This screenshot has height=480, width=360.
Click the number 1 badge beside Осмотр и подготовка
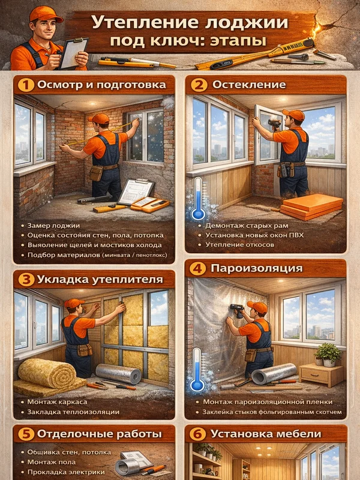tap(26, 85)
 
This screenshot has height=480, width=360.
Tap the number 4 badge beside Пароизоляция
tap(197, 269)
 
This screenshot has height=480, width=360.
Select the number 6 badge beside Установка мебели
tap(197, 434)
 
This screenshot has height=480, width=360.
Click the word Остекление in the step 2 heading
tap(249, 85)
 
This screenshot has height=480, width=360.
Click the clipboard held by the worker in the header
tap(73, 53)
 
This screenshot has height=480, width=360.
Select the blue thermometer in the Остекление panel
tap(198, 199)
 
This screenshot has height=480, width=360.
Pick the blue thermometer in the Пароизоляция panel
tap(197, 370)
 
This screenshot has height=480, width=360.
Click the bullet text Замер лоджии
tap(53, 226)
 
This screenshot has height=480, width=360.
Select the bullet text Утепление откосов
tap(239, 245)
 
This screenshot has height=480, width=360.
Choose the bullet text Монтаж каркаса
tap(57, 402)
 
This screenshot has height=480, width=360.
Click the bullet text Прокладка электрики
tap(66, 472)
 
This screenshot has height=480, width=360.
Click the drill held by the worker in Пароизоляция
tap(237, 310)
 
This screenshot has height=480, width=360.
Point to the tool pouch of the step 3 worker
tap(85, 350)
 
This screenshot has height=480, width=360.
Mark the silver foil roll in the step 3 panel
tap(118, 373)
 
